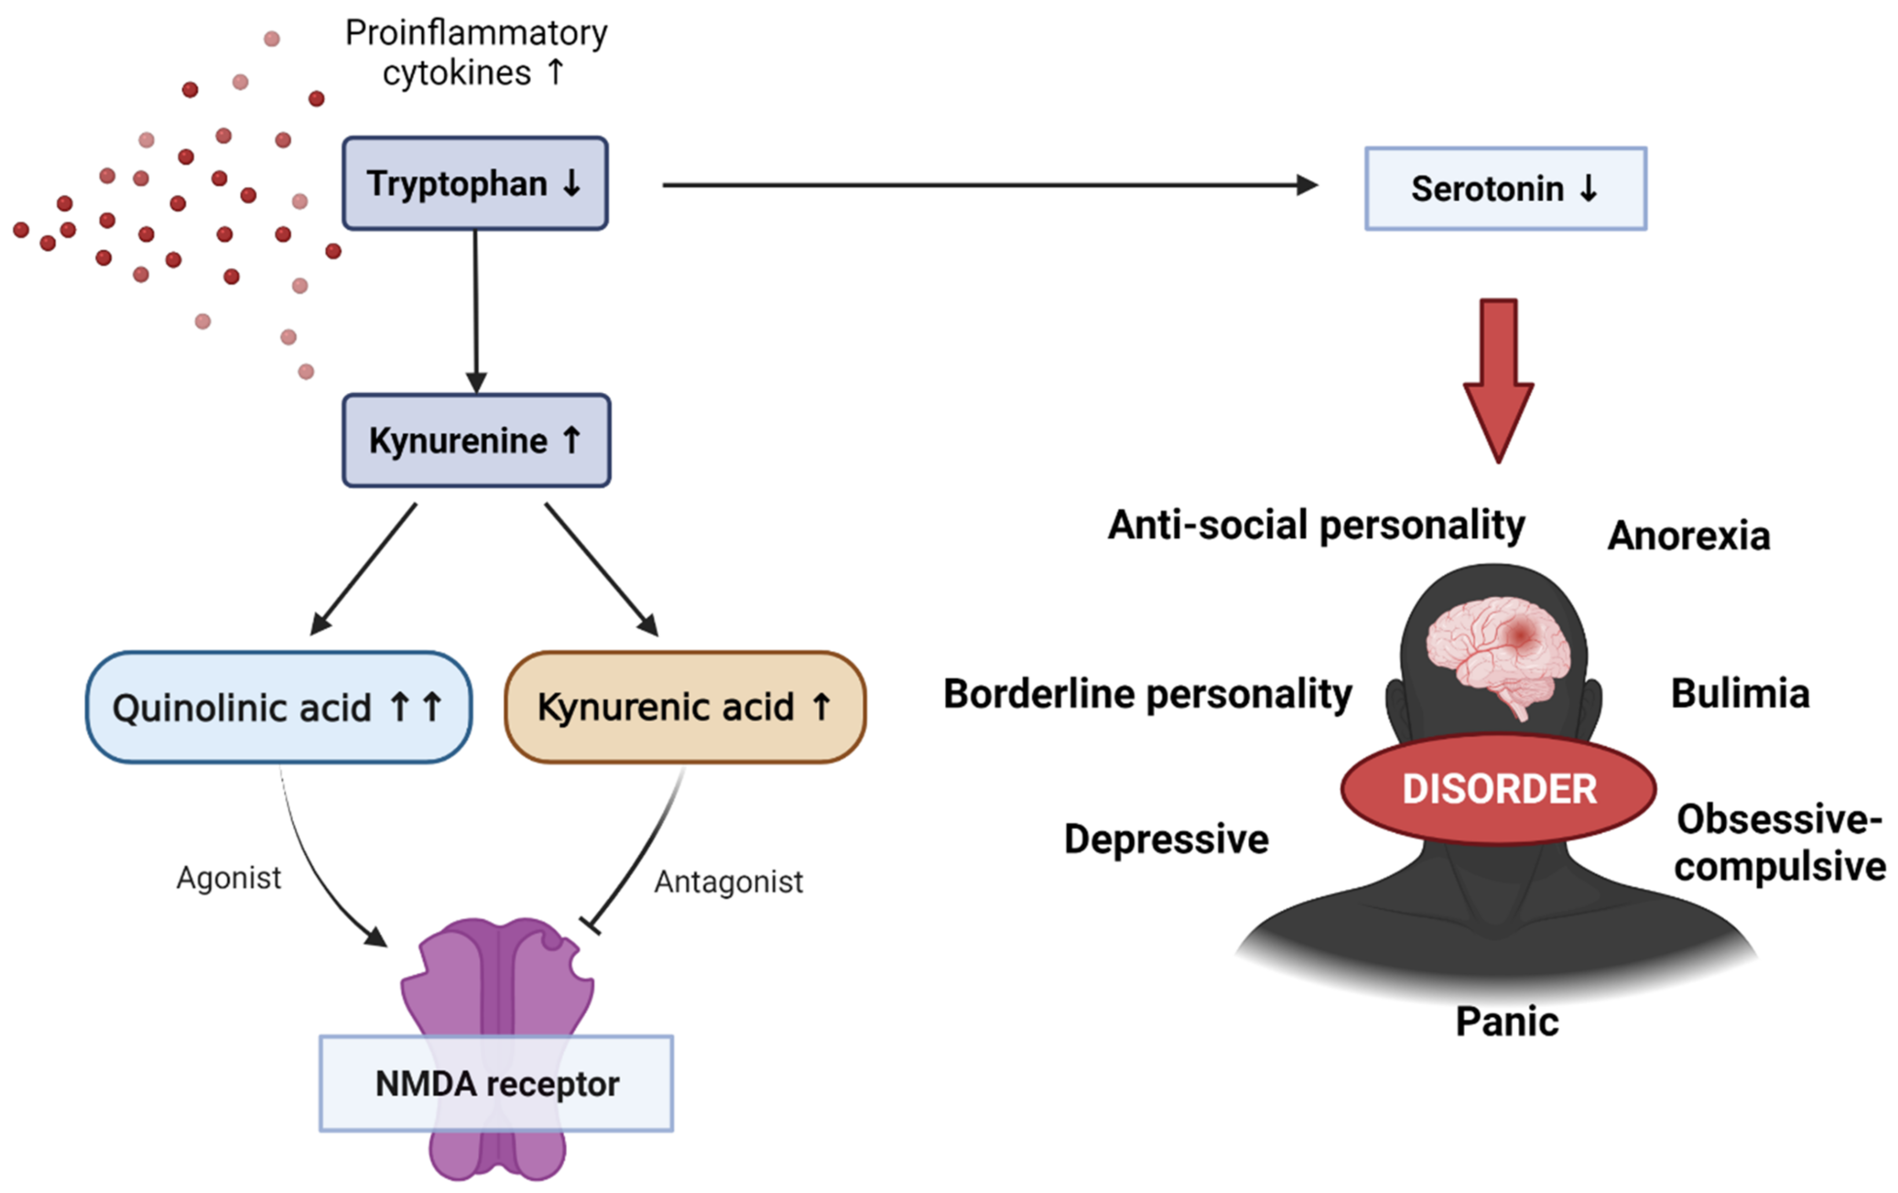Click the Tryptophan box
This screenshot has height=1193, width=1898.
(475, 184)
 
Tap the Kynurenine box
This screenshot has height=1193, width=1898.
(475, 440)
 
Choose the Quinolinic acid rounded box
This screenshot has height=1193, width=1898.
(278, 707)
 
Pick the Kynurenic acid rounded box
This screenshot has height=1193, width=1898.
(684, 707)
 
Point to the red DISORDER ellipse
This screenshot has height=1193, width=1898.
(1498, 788)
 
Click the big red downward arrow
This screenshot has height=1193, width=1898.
(1498, 378)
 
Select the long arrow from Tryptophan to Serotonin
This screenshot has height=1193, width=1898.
(985, 185)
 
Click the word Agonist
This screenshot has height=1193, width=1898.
(229, 878)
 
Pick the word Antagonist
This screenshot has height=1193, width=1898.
(728, 881)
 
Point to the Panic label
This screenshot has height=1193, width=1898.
(1506, 1022)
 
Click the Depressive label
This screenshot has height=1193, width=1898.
(1166, 839)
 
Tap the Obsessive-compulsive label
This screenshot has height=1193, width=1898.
(1779, 843)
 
